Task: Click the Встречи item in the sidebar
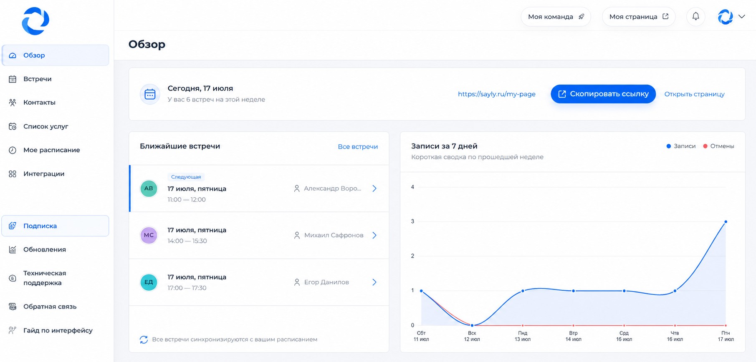click(37, 79)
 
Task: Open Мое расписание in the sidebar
click(51, 150)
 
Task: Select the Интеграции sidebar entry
click(43, 174)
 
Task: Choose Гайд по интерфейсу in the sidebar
click(58, 330)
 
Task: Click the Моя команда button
click(556, 17)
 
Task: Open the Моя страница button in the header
click(638, 17)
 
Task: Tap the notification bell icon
click(695, 16)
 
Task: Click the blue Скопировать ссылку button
click(603, 94)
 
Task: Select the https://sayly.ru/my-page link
click(496, 94)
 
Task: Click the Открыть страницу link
click(694, 94)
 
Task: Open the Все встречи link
click(358, 147)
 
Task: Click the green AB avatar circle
click(149, 189)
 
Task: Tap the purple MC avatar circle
click(149, 235)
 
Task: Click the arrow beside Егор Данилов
click(374, 282)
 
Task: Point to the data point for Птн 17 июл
click(726, 222)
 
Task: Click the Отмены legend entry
click(718, 146)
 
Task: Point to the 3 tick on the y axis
click(412, 221)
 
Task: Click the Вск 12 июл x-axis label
click(472, 336)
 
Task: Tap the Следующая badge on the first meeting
click(186, 177)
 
